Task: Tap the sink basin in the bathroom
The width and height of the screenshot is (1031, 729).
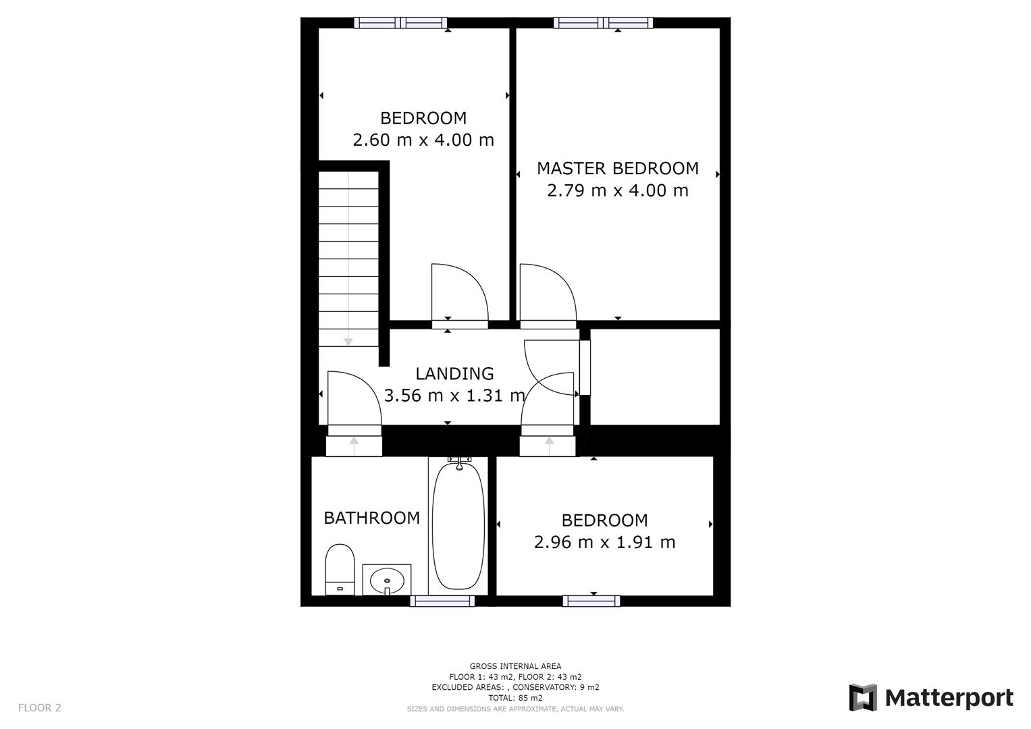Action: pyautogui.click(x=387, y=580)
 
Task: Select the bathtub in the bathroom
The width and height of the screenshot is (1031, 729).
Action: pyautogui.click(x=458, y=526)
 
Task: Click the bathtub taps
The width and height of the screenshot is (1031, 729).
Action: pyautogui.click(x=459, y=462)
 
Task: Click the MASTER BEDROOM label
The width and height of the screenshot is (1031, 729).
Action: pyautogui.click(x=617, y=168)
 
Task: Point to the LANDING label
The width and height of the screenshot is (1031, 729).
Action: pyautogui.click(x=454, y=373)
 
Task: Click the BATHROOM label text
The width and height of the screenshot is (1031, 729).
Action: pyautogui.click(x=371, y=518)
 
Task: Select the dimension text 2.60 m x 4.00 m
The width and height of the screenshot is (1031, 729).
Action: pyautogui.click(x=423, y=140)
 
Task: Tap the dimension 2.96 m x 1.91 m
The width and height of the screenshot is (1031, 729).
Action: pyautogui.click(x=604, y=542)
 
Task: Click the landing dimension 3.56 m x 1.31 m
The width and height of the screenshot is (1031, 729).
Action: pyautogui.click(x=454, y=396)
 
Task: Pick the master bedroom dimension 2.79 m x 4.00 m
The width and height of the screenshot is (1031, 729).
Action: pyautogui.click(x=617, y=190)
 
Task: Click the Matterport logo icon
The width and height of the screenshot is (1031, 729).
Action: pyautogui.click(x=862, y=697)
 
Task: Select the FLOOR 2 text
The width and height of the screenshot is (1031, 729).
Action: pyautogui.click(x=39, y=707)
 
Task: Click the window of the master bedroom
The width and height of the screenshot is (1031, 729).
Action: pyautogui.click(x=603, y=23)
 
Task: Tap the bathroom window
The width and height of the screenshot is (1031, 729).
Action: pyautogui.click(x=442, y=601)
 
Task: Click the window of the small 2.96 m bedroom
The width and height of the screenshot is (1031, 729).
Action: pyautogui.click(x=591, y=601)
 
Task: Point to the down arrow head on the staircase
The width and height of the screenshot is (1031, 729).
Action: pyautogui.click(x=348, y=342)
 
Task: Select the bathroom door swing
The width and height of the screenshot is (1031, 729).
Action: pyautogui.click(x=353, y=398)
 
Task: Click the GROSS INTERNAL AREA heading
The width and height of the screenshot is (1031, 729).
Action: pyautogui.click(x=515, y=666)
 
